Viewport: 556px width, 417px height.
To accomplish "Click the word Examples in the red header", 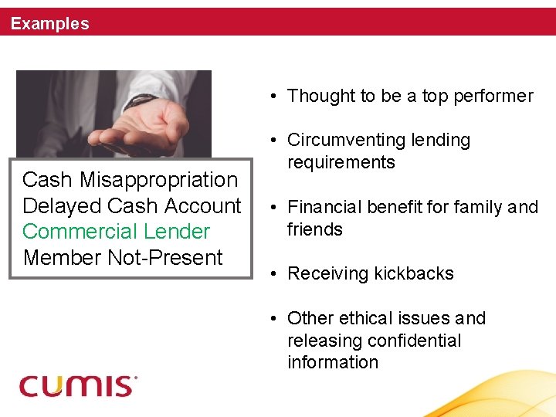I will (50, 24).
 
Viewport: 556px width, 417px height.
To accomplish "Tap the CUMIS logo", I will (78, 385).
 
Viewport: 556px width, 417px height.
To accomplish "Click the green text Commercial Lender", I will (116, 232).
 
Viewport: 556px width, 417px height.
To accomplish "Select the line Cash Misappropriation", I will (130, 180).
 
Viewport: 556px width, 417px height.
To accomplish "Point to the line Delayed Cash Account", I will (131, 206).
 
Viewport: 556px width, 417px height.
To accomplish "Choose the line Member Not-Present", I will (123, 258).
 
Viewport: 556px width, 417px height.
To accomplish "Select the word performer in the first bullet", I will (493, 97).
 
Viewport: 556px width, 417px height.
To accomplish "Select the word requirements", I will (341, 163).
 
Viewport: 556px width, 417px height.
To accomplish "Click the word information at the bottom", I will (333, 363).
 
